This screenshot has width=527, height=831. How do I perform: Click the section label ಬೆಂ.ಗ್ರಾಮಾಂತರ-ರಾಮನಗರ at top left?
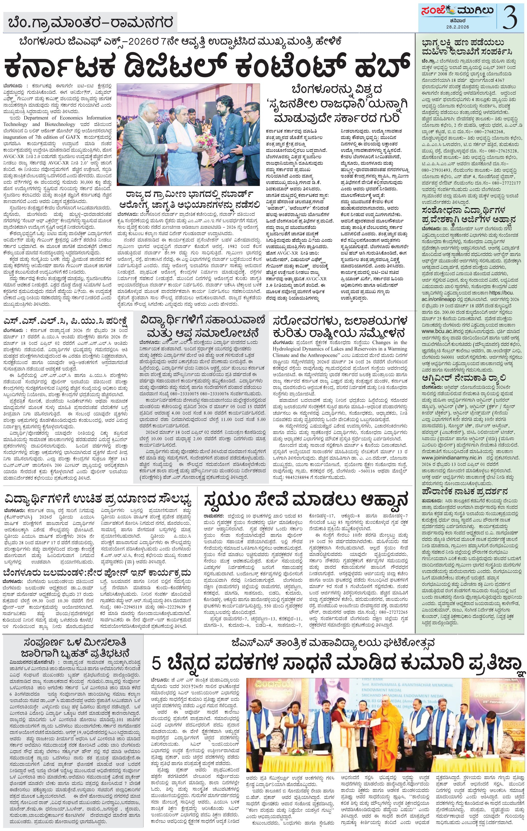(91, 23)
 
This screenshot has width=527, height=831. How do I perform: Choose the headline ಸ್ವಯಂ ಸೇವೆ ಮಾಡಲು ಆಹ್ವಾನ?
(306, 500)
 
